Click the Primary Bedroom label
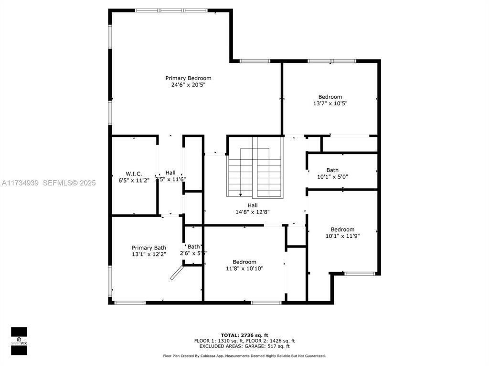point(188,78)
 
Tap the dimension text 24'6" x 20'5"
point(188,85)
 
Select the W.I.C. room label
point(134,173)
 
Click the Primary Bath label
point(149,248)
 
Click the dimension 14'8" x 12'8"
point(253,212)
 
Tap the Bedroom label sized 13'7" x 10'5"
point(330,97)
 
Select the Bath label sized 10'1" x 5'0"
point(332,170)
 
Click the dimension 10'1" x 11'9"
point(342,236)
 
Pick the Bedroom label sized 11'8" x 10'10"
point(244,262)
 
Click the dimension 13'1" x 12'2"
point(149,254)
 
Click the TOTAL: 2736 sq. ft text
point(244,335)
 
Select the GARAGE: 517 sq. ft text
point(275,346)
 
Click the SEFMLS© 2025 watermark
point(70,183)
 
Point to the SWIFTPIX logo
point(19,341)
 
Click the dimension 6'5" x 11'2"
point(134,180)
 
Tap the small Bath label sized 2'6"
point(193,246)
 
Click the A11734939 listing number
point(20,183)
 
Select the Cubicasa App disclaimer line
point(244,356)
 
